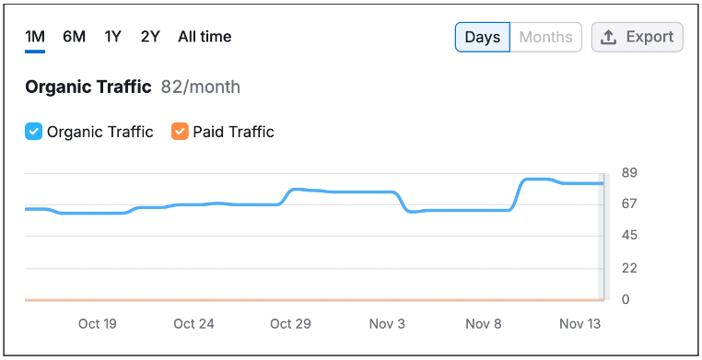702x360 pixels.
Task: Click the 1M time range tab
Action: (x=35, y=37)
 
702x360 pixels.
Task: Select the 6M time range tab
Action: (x=74, y=37)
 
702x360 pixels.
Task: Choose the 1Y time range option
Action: (x=112, y=37)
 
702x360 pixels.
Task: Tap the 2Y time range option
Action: (x=150, y=37)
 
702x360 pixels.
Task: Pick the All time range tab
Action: (x=205, y=37)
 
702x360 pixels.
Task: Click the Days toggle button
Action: (x=483, y=37)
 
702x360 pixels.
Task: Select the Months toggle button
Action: (x=545, y=37)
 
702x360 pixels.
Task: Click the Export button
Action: (x=638, y=37)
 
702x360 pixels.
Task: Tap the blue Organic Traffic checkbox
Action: (x=33, y=132)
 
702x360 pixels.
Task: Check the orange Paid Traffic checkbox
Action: (x=180, y=132)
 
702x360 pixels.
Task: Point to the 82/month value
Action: (x=201, y=87)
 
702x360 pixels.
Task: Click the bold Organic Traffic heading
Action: (x=88, y=87)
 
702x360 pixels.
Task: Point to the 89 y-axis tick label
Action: (x=629, y=173)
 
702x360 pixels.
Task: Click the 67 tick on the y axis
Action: (x=629, y=203)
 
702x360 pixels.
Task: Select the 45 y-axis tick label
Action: (x=629, y=235)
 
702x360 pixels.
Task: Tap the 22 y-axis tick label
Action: (x=629, y=268)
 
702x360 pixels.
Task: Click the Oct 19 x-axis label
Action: (x=97, y=324)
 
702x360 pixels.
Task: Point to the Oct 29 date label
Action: (x=290, y=324)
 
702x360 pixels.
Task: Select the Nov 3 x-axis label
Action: (x=387, y=324)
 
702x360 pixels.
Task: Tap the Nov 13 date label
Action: (x=579, y=324)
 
